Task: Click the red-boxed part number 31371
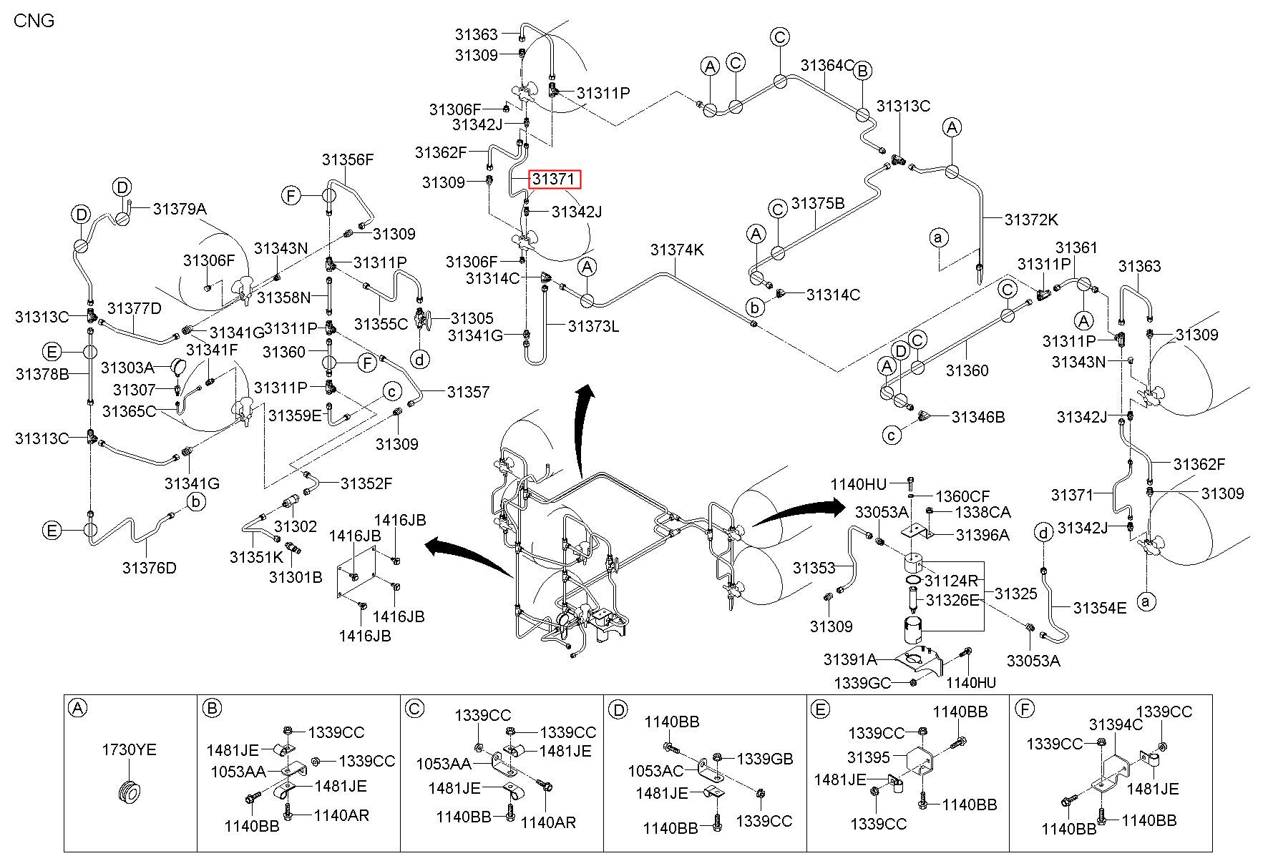(555, 179)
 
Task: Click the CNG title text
(34, 20)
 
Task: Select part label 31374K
(677, 250)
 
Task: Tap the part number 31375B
(818, 204)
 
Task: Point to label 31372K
(1031, 220)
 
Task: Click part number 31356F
(348, 159)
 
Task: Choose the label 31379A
(180, 209)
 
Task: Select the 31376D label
(149, 568)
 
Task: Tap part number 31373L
(593, 326)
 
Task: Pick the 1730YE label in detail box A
(129, 750)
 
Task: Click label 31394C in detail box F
(1116, 725)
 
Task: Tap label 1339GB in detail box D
(765, 759)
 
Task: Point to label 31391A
(850, 659)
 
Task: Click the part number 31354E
(1100, 608)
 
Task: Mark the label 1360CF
(963, 496)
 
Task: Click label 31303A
(127, 368)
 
